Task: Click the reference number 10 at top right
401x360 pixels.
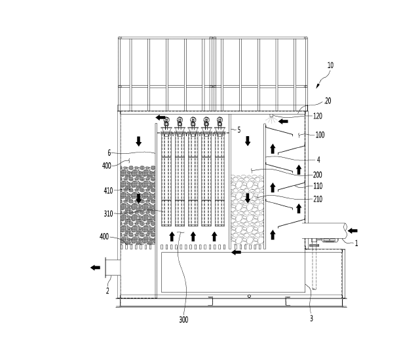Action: tap(330, 65)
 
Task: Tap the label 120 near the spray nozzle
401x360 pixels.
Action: tap(317, 117)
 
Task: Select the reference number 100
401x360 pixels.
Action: tap(320, 135)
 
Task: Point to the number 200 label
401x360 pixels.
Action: tap(317, 175)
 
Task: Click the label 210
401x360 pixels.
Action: tap(318, 199)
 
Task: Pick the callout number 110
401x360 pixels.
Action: tap(318, 186)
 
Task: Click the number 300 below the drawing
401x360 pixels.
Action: tap(183, 319)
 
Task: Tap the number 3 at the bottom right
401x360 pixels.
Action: tap(311, 319)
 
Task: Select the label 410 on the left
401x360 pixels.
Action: tap(108, 190)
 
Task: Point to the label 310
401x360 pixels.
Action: tap(108, 213)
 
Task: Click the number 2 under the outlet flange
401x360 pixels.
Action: tap(107, 291)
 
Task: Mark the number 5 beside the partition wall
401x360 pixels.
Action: tap(239, 130)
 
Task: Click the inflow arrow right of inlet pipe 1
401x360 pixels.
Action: tap(353, 230)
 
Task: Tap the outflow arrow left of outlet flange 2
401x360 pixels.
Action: tap(96, 268)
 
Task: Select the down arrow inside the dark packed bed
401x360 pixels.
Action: tap(139, 198)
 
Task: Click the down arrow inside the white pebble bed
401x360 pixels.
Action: tap(248, 198)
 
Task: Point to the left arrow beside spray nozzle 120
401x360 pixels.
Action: tap(283, 121)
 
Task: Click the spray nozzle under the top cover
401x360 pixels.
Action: tap(271, 117)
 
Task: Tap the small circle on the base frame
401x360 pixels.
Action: tap(249, 296)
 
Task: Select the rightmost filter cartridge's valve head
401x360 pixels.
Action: tap(220, 120)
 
